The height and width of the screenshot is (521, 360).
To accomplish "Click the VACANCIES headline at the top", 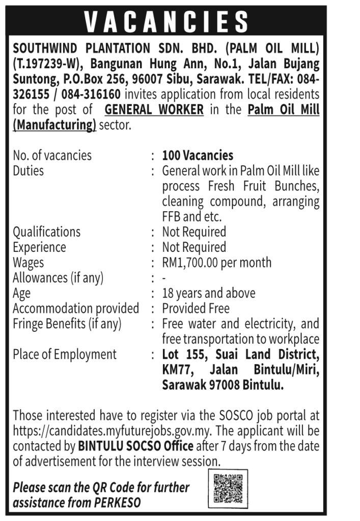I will (x=166, y=21).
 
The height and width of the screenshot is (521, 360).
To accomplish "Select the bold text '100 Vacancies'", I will (x=198, y=155).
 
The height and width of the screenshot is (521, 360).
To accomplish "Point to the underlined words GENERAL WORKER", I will (x=154, y=109).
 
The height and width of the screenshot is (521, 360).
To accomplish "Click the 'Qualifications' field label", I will (x=46, y=232).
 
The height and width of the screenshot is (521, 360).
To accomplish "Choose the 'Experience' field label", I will (x=39, y=247).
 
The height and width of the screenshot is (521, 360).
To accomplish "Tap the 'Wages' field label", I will (x=29, y=263).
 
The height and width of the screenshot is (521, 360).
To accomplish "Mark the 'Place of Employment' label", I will (x=65, y=354).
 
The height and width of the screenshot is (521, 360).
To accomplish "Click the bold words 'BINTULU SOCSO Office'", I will (x=135, y=447).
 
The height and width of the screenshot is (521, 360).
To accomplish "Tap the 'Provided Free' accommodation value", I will (x=196, y=308).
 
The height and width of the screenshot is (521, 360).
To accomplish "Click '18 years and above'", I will (x=209, y=293).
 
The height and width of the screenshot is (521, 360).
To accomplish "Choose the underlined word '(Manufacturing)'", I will (x=54, y=125).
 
